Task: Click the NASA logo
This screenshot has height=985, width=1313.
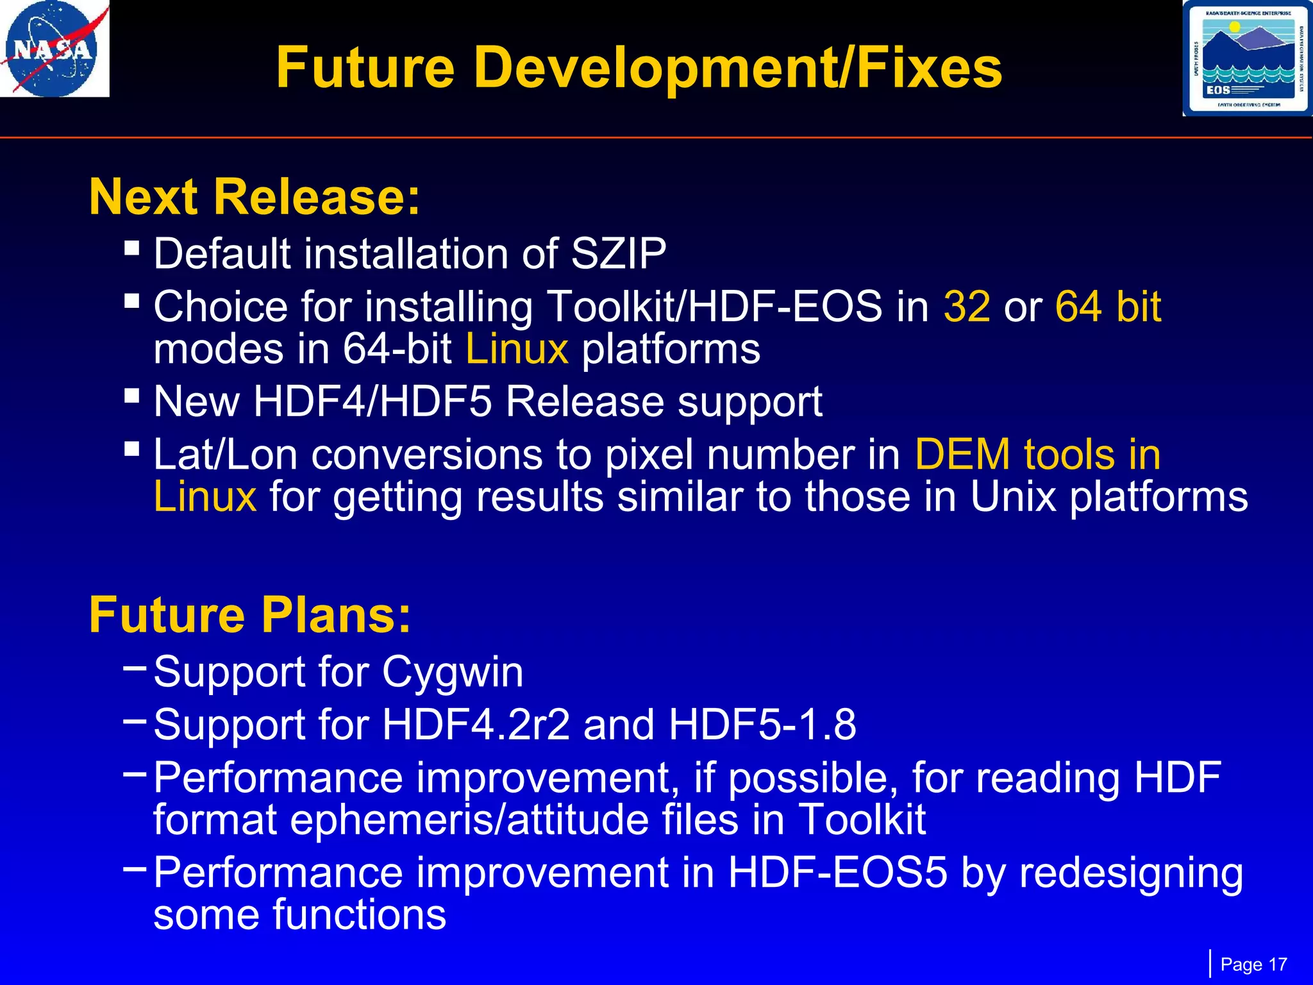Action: (x=54, y=49)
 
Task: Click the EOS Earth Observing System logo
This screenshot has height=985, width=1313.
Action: (x=1246, y=58)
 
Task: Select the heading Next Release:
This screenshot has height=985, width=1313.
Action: (x=255, y=197)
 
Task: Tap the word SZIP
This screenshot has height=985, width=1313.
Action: (x=618, y=254)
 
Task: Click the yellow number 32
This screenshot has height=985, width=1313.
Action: (x=967, y=307)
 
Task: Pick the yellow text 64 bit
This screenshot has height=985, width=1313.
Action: (x=1108, y=307)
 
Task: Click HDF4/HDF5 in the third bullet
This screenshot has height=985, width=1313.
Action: (x=372, y=402)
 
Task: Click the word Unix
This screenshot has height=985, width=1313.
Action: (x=1013, y=497)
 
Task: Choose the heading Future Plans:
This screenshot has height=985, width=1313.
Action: (x=249, y=615)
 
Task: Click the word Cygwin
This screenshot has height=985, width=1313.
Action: (x=453, y=673)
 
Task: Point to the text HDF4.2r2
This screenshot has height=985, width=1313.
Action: (x=476, y=725)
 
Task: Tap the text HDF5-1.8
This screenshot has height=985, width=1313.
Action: (x=762, y=725)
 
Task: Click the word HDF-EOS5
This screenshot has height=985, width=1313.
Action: (x=837, y=873)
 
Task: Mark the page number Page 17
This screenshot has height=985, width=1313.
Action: (x=1253, y=964)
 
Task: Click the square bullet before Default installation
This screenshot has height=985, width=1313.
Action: (x=132, y=248)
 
